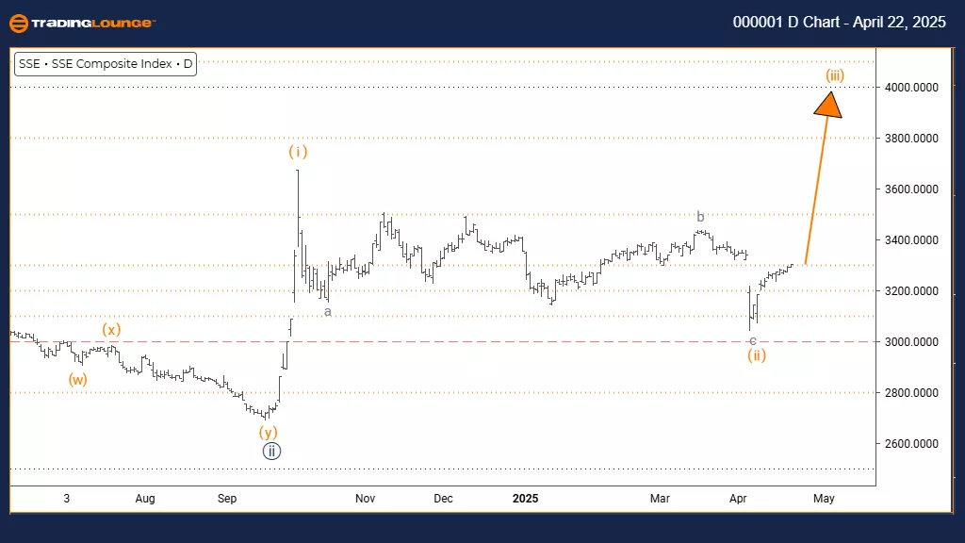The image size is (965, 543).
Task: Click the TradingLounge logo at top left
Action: tap(82, 23)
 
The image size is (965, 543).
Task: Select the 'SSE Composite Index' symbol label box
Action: tap(106, 64)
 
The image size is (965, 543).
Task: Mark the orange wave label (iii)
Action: tap(834, 74)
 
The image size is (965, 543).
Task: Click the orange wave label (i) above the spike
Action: tap(298, 151)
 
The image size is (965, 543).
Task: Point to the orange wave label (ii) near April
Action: tap(756, 355)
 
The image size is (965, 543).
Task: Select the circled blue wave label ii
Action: tap(271, 451)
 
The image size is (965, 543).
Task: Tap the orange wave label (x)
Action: tap(112, 330)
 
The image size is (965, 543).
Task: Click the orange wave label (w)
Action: tap(77, 379)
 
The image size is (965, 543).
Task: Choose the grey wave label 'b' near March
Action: tap(700, 217)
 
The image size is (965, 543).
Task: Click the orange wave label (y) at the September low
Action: tap(270, 432)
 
